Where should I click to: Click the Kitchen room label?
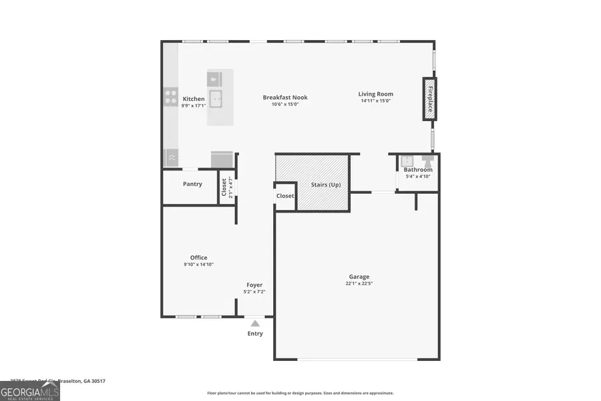pos(194,99)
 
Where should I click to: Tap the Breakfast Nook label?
pos(285,98)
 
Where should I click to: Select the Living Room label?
pos(375,94)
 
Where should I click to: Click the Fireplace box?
pos(430,99)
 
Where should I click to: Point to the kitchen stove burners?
pos(171,98)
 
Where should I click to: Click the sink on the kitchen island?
pos(216,100)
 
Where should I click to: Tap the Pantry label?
pos(192,184)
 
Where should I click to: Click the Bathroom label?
pos(418,170)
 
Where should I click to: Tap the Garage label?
pos(359,277)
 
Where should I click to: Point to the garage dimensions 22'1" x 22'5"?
pos(359,283)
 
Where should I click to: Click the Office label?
pos(198,257)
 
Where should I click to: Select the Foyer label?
pos(254,285)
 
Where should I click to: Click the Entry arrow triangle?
pos(255,323)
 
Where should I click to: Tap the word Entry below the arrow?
pos(255,333)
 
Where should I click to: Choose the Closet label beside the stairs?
pos(285,196)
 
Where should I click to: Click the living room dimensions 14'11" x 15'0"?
pos(375,102)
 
